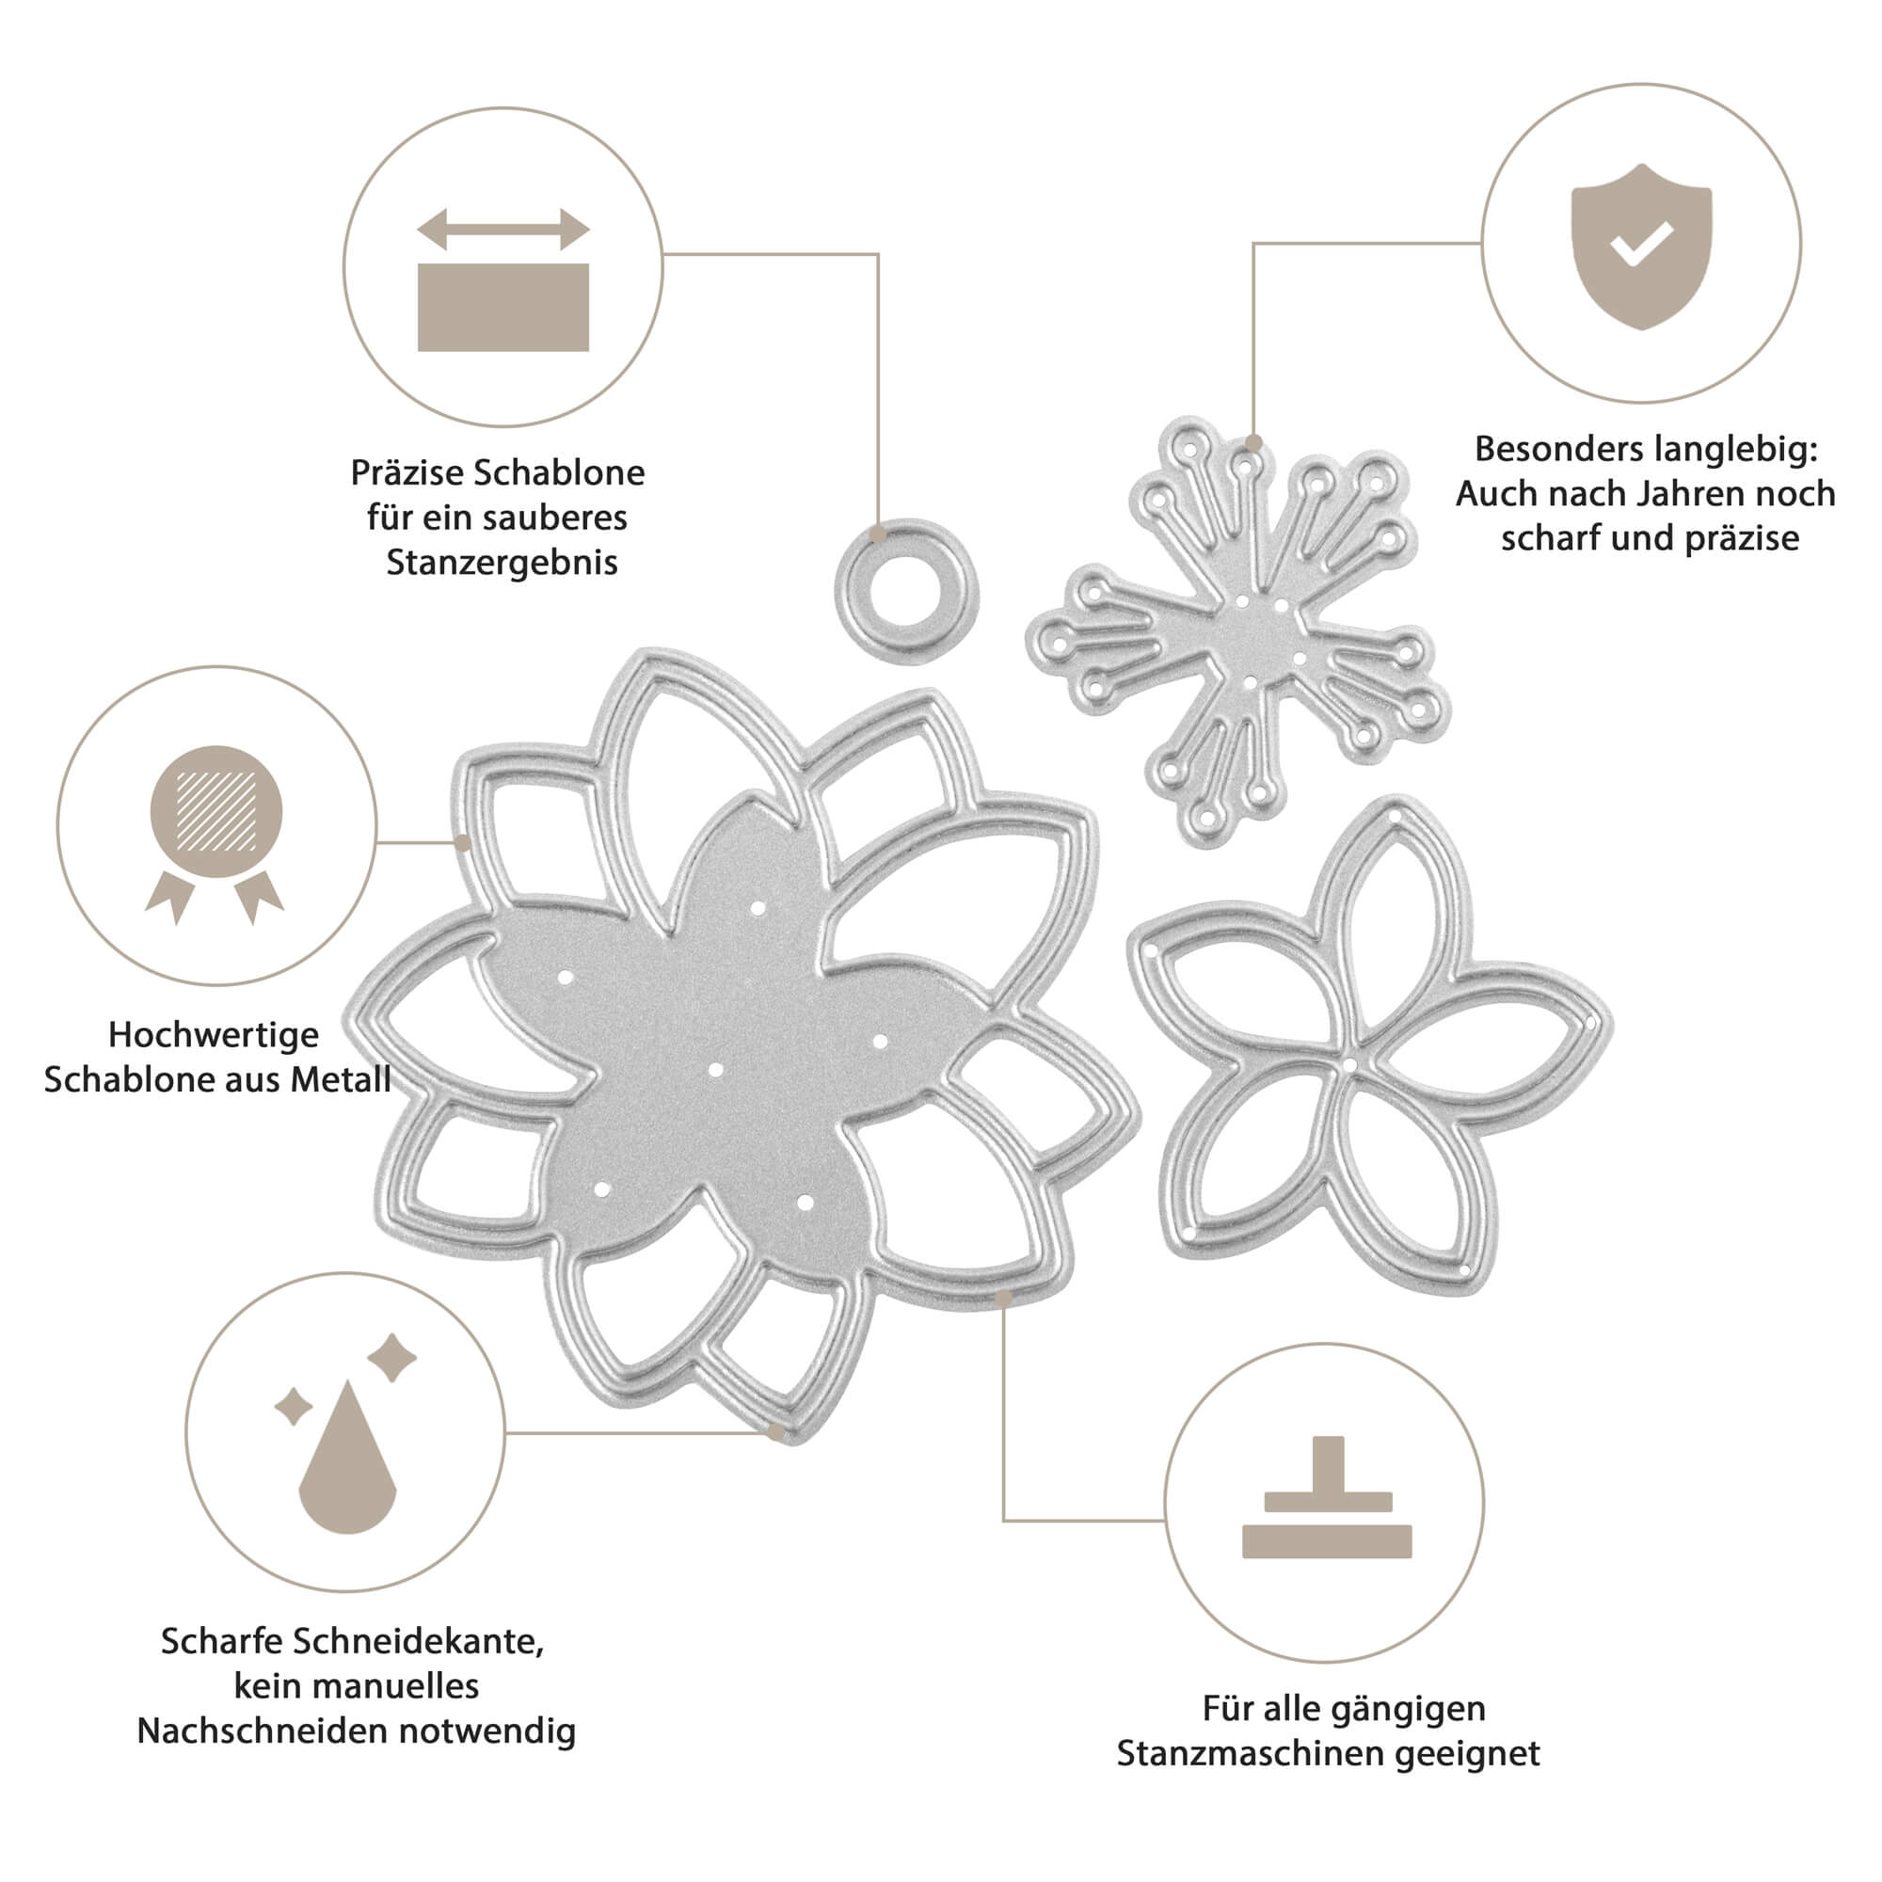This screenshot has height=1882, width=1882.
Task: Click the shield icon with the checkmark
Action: [1641, 247]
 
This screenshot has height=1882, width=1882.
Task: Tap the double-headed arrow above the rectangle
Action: [502, 230]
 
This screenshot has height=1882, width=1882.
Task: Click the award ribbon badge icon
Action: [215, 833]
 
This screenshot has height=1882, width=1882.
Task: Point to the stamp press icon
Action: [1327, 1496]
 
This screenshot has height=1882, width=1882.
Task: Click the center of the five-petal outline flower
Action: [1349, 1064]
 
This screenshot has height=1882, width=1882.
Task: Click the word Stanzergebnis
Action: [502, 563]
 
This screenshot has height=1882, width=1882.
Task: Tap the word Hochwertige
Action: [214, 1034]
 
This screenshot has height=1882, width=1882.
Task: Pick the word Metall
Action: [342, 1079]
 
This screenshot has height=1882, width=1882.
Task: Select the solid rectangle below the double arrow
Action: [502, 307]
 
